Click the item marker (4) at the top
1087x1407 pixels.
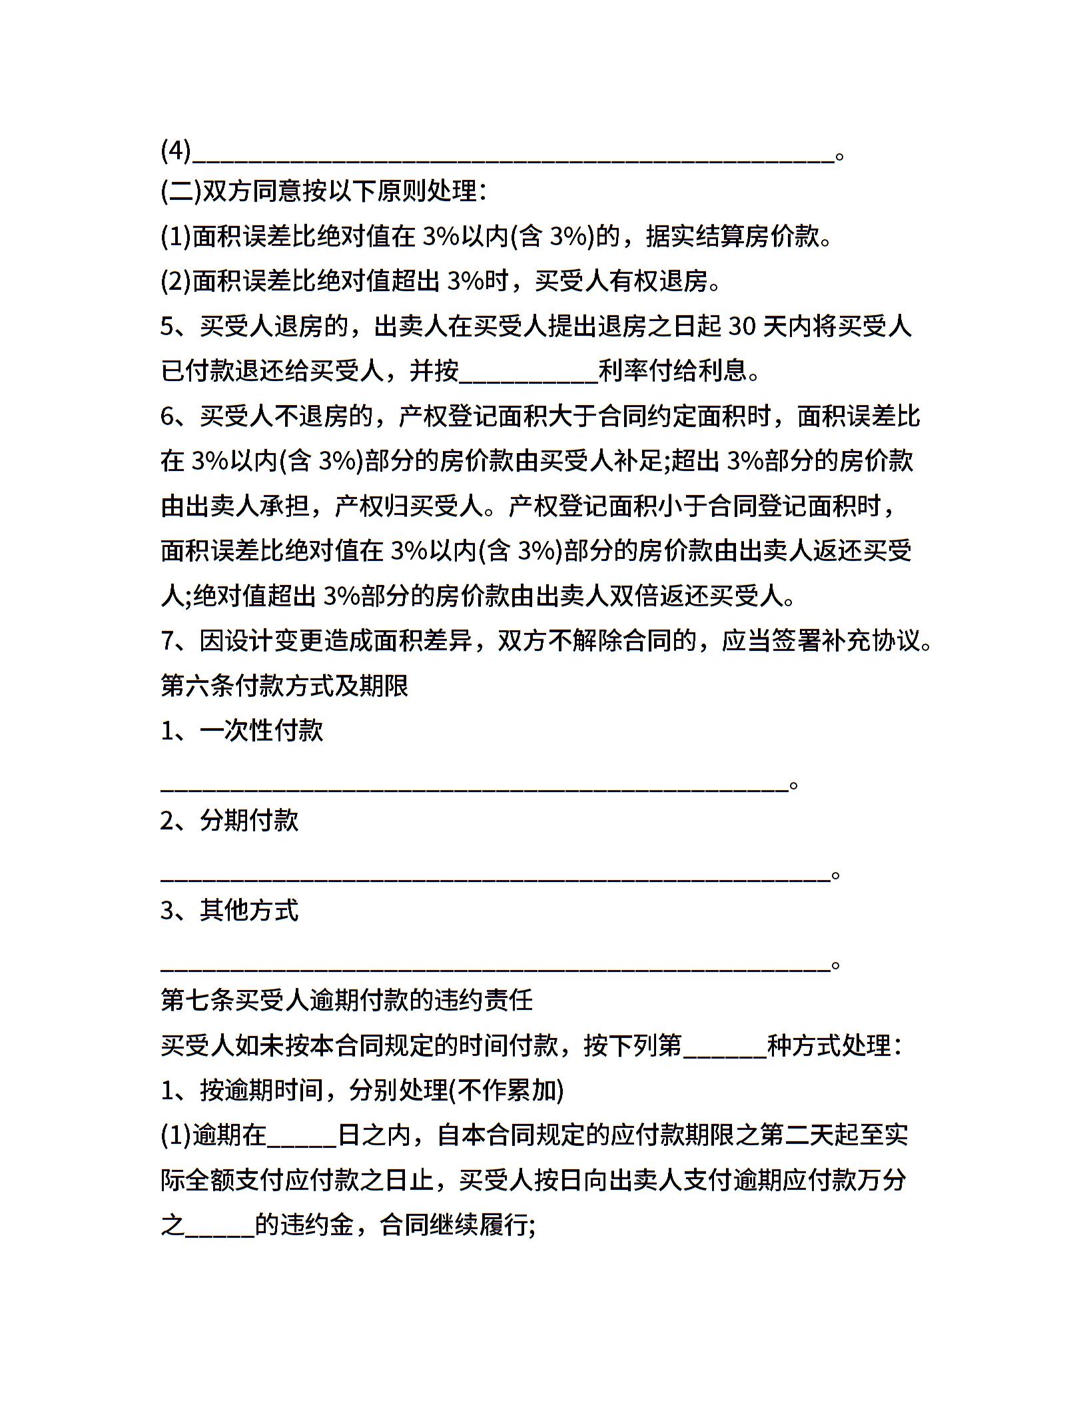(x=176, y=151)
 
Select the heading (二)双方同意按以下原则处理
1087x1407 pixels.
(x=324, y=193)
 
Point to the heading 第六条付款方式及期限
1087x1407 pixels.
(x=284, y=686)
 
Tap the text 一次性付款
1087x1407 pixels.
(x=261, y=731)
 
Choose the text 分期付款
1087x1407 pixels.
(x=249, y=821)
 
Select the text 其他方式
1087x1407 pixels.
(x=249, y=911)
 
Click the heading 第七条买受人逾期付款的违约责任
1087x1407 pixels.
(x=346, y=1001)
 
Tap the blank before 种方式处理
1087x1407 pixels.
(x=725, y=1047)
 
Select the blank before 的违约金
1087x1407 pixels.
(x=220, y=1227)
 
